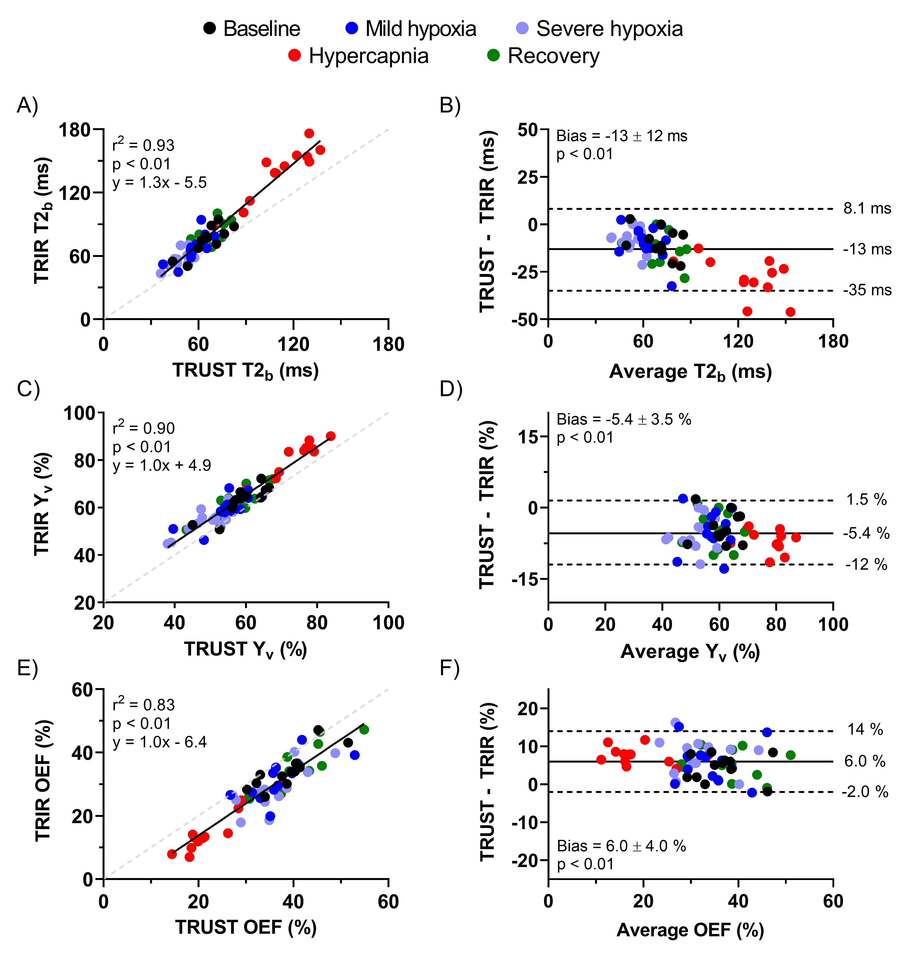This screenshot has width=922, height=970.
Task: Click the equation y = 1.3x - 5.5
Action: click(160, 183)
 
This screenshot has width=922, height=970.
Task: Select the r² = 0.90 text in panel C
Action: click(144, 428)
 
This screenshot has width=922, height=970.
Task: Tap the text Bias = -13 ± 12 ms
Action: click(622, 136)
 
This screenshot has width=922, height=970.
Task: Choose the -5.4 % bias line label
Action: click(866, 533)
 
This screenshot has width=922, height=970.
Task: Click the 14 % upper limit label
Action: click(865, 729)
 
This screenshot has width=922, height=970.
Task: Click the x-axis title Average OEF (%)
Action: click(690, 930)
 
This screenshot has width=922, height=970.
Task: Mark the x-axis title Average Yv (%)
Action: click(690, 652)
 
